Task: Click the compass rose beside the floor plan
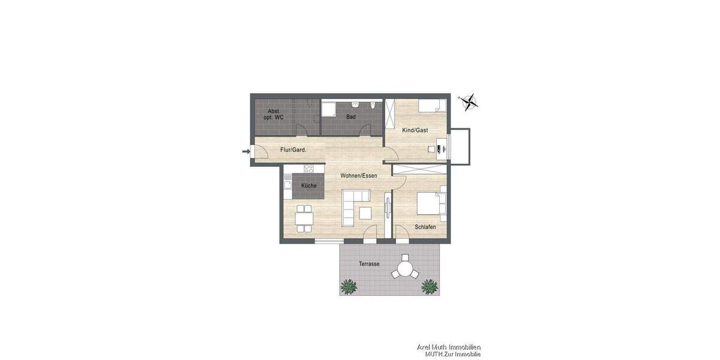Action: pyautogui.click(x=469, y=102)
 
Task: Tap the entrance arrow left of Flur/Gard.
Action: pyautogui.click(x=245, y=151)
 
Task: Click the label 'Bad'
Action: pyautogui.click(x=351, y=118)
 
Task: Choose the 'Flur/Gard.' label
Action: pyautogui.click(x=293, y=150)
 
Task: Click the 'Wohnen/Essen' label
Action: pyautogui.click(x=358, y=176)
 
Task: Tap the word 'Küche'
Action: pyautogui.click(x=309, y=186)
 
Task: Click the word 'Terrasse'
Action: pyautogui.click(x=369, y=264)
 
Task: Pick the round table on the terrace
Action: pyautogui.click(x=406, y=266)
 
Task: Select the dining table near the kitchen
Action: pyautogui.click(x=304, y=218)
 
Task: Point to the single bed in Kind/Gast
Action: pyautogui.click(x=432, y=106)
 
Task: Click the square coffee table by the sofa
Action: pyautogui.click(x=365, y=213)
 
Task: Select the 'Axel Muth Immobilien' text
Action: pyautogui.click(x=449, y=347)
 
